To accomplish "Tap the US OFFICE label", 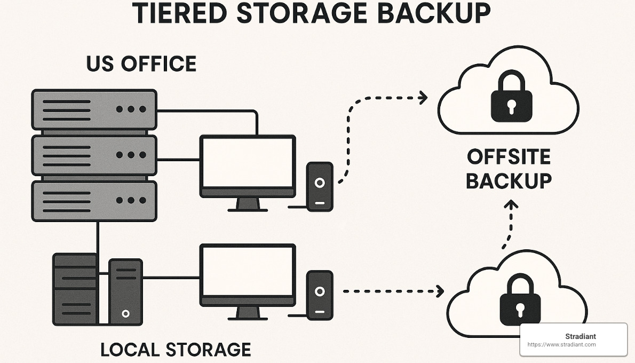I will click(x=141, y=64).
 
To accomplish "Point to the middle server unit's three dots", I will click(x=131, y=155).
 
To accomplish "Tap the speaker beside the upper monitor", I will click(x=320, y=186).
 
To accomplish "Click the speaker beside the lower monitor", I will click(x=320, y=295).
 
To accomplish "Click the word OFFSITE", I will click(x=509, y=157).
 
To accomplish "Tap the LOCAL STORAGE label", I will click(x=176, y=350).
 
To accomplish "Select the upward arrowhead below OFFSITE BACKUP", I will click(x=511, y=206).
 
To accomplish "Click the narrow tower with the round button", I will click(x=125, y=292).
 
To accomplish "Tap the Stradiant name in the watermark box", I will click(x=580, y=336).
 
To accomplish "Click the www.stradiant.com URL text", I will click(x=561, y=345).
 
